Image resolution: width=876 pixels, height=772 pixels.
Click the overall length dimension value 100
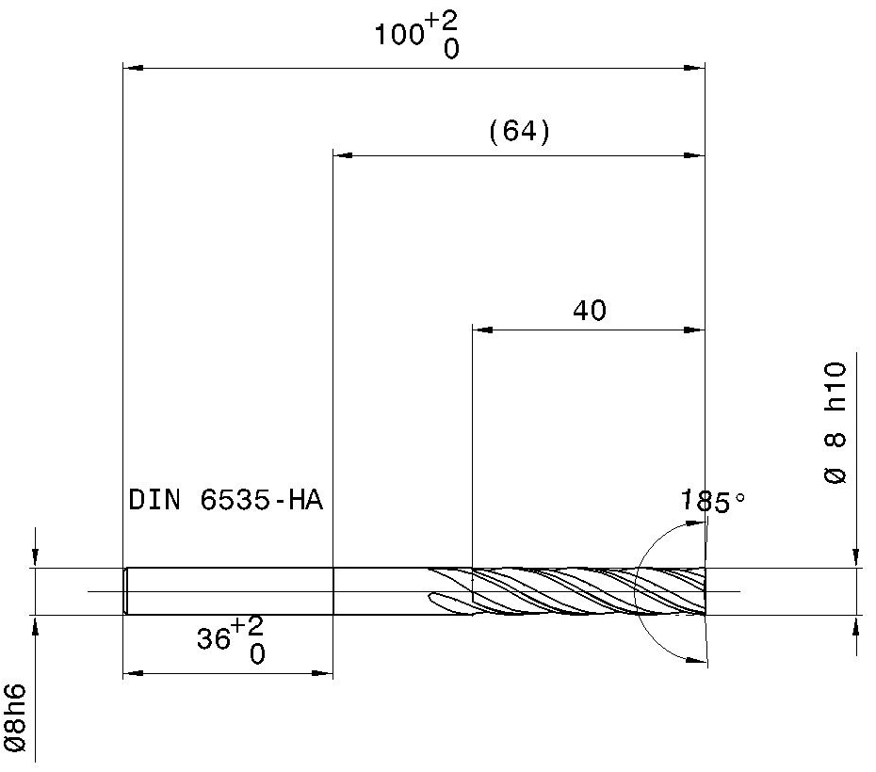[398, 35]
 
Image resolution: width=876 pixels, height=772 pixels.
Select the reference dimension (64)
[520, 132]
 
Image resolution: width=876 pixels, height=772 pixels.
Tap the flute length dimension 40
[590, 311]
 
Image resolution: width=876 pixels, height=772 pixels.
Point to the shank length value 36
[214, 638]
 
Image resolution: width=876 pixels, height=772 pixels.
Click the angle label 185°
[713, 501]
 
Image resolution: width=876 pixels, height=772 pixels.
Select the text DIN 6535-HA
[226, 500]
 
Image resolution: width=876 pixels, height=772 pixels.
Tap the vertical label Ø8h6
[15, 717]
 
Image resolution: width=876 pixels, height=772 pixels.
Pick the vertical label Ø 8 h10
[835, 423]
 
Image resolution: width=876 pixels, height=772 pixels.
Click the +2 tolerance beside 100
[441, 22]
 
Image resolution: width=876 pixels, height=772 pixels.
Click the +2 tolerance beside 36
[247, 626]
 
